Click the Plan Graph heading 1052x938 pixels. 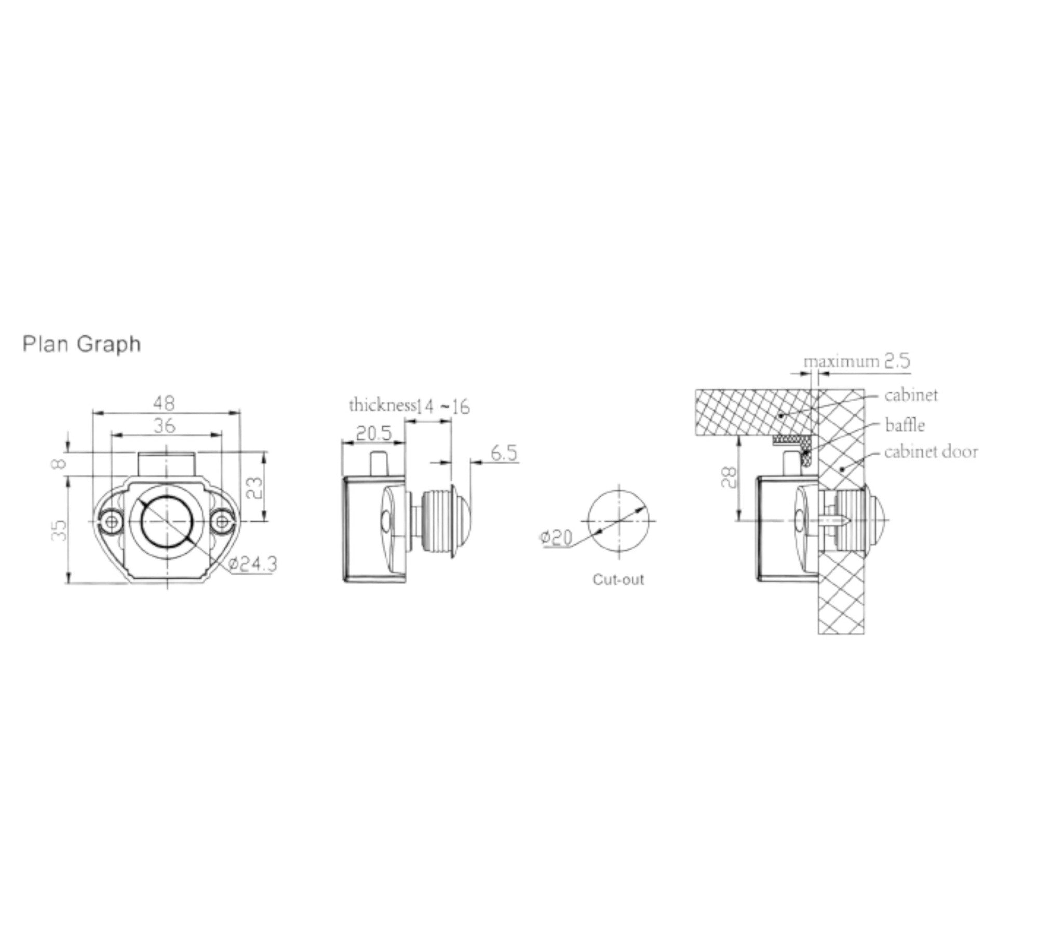click(x=82, y=345)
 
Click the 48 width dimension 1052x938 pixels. click(x=164, y=403)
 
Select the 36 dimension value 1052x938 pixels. click(x=165, y=426)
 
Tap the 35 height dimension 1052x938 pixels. click(x=60, y=530)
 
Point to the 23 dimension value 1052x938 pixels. click(x=254, y=488)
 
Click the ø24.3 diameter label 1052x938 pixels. click(x=252, y=564)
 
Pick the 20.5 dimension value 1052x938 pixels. click(x=373, y=432)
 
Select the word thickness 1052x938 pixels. click(x=382, y=405)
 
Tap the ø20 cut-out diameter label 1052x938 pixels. click(x=556, y=538)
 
